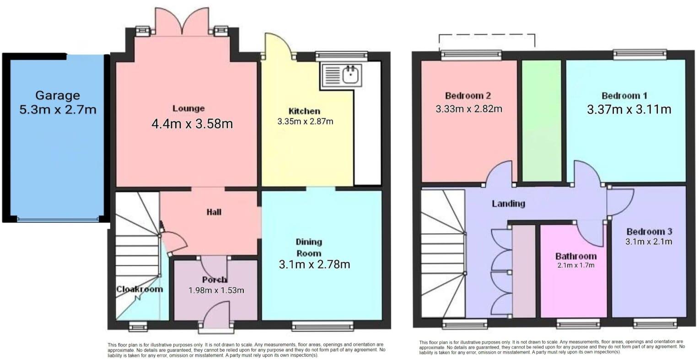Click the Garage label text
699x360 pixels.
[x=58, y=96]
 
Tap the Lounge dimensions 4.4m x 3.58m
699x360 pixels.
[x=192, y=124]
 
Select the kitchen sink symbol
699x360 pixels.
[x=342, y=75]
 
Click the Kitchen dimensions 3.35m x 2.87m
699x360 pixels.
[x=305, y=122]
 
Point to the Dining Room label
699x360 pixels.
[x=309, y=247]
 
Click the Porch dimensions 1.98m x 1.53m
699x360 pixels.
[x=216, y=290]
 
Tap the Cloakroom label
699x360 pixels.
[x=139, y=289]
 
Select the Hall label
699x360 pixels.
[x=214, y=212]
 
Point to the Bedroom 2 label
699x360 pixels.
[x=468, y=96]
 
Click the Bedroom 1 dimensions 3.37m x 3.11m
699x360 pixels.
[x=629, y=109]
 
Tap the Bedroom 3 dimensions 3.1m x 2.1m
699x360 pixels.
[x=649, y=242]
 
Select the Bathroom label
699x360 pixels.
[x=576, y=256]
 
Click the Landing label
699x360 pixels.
[x=508, y=204]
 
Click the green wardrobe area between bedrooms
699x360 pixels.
[x=542, y=121]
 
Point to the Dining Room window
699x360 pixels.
[x=323, y=326]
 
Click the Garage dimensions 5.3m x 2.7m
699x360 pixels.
[x=58, y=110]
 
